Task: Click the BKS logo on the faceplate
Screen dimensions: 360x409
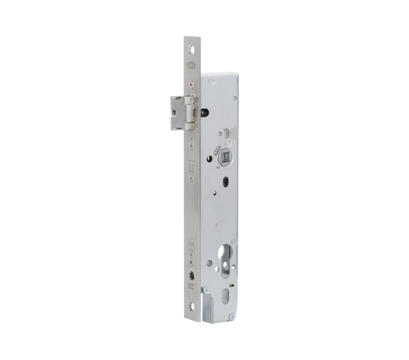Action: (x=190, y=65)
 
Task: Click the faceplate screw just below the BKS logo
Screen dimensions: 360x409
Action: (x=190, y=84)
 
